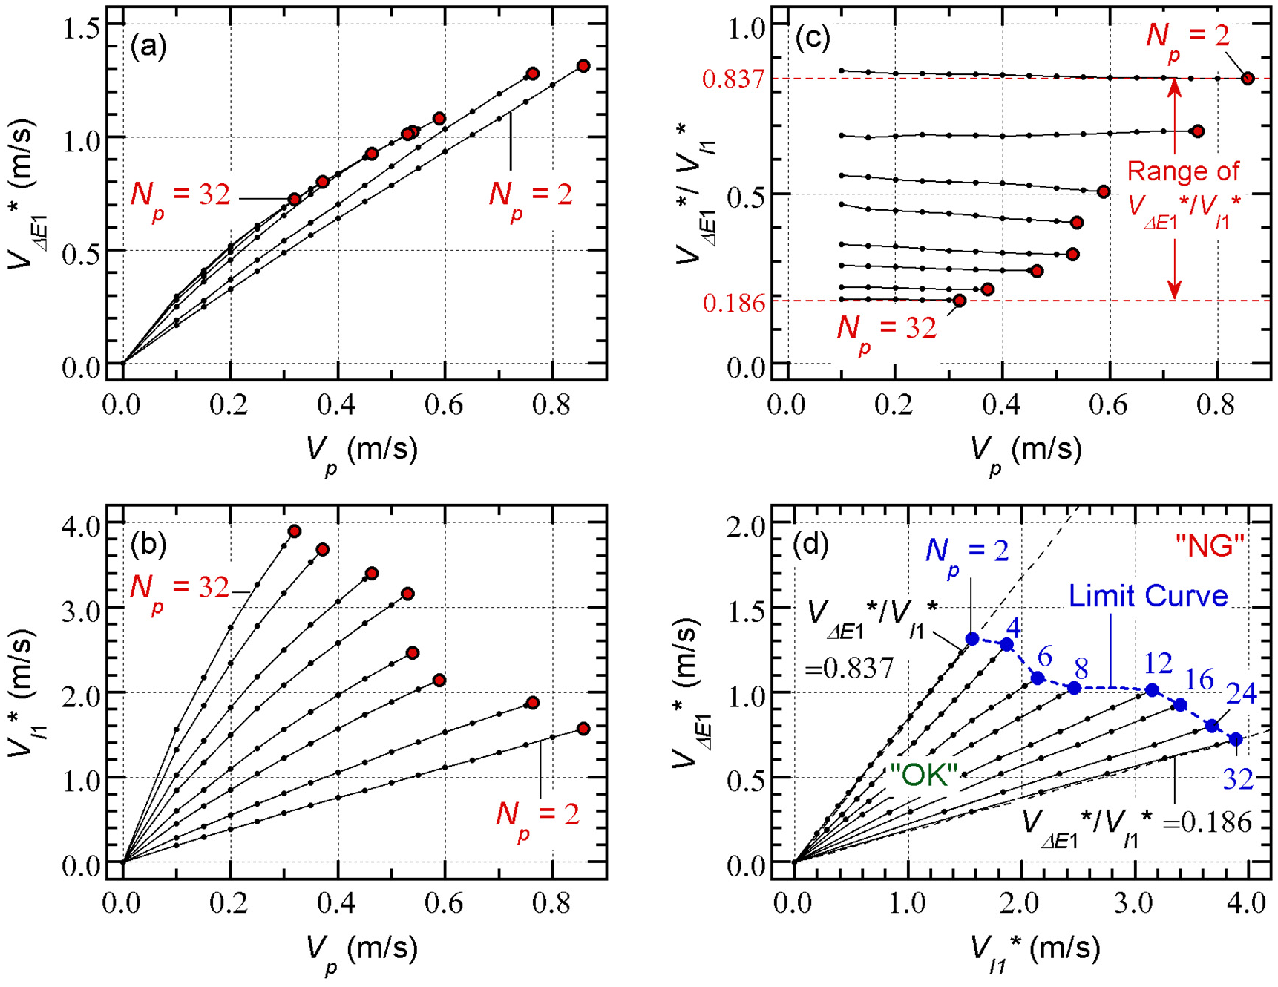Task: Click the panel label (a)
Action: click(148, 47)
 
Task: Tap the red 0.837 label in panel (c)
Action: click(733, 79)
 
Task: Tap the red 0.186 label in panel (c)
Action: click(733, 303)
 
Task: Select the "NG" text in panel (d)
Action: click(1209, 546)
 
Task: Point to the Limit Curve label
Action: click(1148, 595)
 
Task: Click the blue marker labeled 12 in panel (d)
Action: click(1152, 690)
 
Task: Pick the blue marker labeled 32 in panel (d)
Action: click(1236, 739)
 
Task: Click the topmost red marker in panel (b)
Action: click(294, 531)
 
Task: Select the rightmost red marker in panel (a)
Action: click(583, 66)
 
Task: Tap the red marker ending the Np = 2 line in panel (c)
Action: click(1248, 78)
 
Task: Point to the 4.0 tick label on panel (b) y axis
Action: click(84, 524)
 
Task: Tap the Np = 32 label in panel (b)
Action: click(180, 588)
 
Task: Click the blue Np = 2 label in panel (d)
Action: click(967, 552)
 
